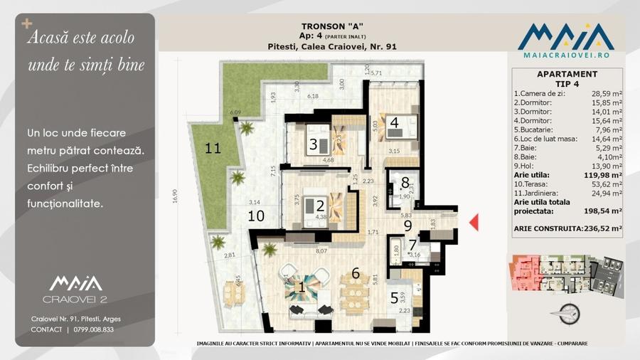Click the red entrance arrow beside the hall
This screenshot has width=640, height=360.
[x=474, y=223]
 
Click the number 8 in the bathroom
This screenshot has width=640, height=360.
[x=405, y=183]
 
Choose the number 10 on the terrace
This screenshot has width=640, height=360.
[x=256, y=216]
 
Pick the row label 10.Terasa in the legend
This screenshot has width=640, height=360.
[x=532, y=184]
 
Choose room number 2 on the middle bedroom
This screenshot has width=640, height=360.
[x=309, y=206]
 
